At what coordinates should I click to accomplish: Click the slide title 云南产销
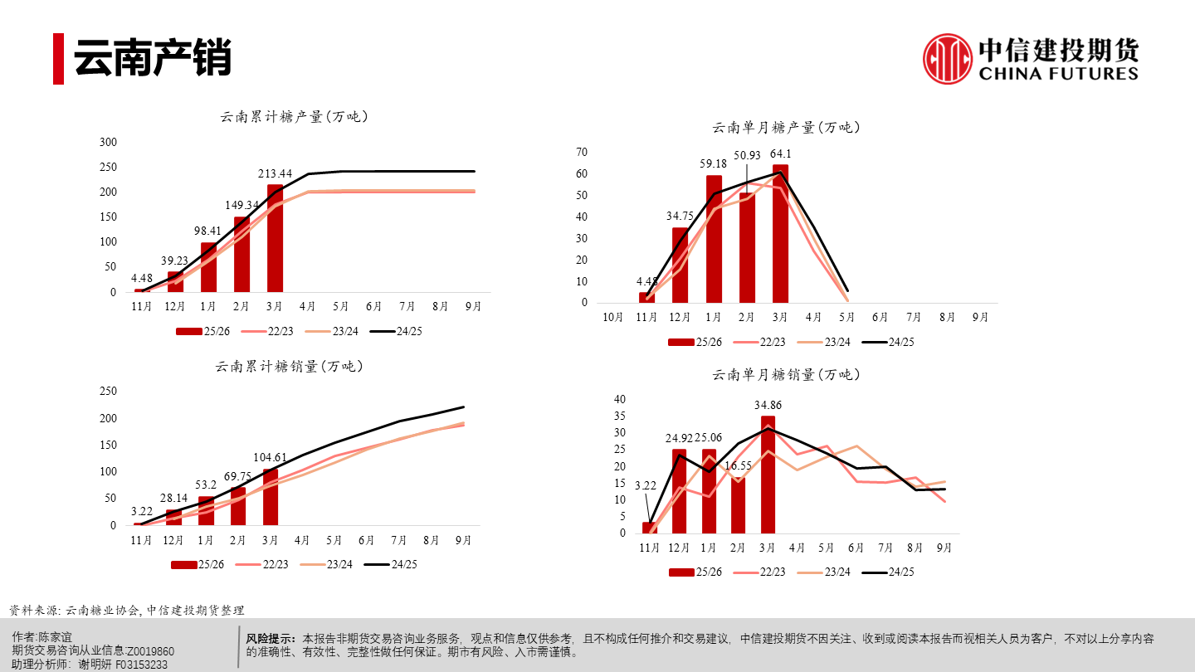coord(153,59)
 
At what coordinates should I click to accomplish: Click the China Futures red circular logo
coord(948,59)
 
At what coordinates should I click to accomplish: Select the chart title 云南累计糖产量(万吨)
coord(294,117)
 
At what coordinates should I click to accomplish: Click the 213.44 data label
coord(276,173)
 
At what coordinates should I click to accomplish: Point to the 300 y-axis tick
coord(108,142)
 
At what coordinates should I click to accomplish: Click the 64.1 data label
coord(780,153)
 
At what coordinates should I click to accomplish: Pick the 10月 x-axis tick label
coord(613,317)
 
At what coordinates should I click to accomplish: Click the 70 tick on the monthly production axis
coord(582,152)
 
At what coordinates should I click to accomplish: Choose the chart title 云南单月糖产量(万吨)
coord(786,128)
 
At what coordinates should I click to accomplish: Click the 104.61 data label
coord(271,457)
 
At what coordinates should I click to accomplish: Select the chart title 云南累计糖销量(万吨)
coord(289,366)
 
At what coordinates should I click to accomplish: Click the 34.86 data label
coord(768,405)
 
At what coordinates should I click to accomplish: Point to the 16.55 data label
coord(738,466)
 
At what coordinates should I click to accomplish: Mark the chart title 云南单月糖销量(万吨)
coord(786,375)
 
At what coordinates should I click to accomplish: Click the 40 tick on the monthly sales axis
coord(619,399)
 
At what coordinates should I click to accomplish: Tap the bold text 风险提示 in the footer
coord(271,639)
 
